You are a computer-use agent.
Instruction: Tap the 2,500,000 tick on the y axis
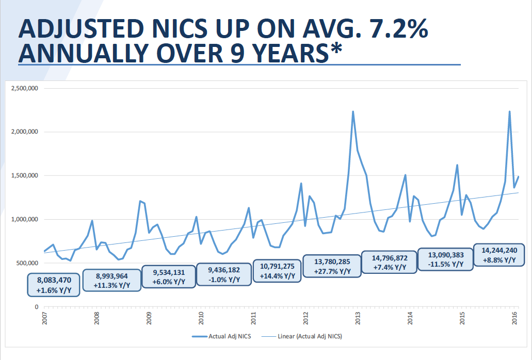click(24, 88)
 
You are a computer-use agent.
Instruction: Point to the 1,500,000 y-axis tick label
click(24, 176)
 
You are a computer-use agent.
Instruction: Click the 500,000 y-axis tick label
click(26, 263)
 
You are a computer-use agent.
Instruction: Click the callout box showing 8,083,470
click(54, 285)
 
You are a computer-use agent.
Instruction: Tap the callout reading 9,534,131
click(169, 277)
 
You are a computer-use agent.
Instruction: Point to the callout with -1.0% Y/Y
click(224, 274)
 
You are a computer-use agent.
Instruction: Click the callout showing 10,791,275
click(277, 271)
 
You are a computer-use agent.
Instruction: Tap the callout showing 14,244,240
click(498, 255)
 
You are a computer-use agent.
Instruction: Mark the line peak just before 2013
click(353, 111)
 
